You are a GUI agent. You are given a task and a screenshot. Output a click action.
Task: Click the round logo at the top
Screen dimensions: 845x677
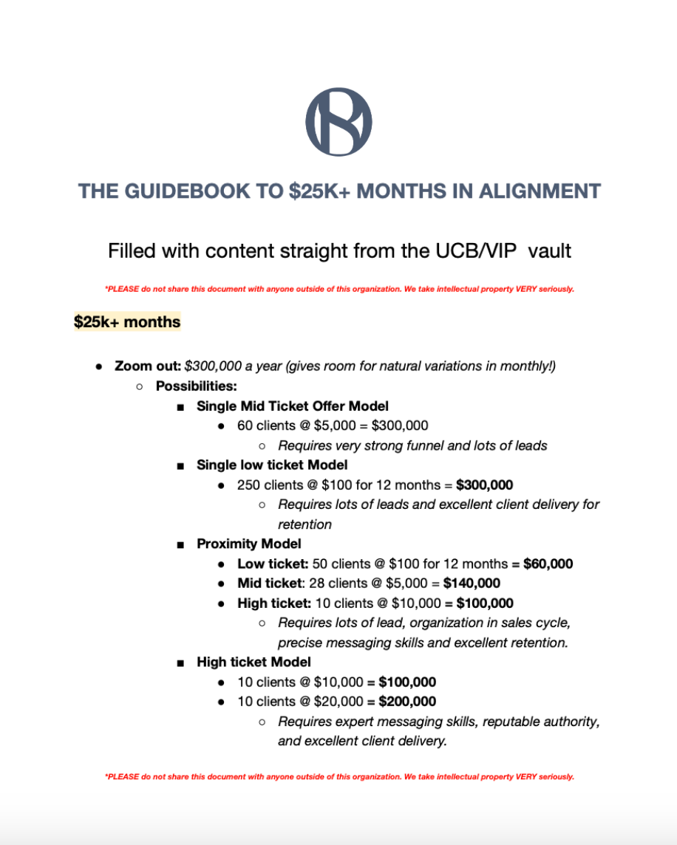(338, 122)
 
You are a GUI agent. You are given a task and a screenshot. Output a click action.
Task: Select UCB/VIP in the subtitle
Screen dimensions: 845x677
(486, 251)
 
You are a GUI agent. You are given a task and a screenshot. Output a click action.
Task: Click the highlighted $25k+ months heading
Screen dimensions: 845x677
(127, 322)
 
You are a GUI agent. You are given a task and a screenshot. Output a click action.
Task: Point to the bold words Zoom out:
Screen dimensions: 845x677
(147, 366)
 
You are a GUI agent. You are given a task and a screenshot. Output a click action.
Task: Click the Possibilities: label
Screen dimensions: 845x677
(196, 386)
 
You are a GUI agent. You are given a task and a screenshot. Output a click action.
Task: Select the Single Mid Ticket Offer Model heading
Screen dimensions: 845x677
(292, 406)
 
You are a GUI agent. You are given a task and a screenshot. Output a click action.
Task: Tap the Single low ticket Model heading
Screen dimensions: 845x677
(272, 465)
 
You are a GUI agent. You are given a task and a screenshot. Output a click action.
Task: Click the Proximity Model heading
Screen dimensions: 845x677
(248, 544)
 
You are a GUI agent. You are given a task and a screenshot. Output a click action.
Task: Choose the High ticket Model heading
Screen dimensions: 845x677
(254, 662)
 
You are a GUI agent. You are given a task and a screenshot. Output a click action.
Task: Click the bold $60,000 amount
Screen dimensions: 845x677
(548, 564)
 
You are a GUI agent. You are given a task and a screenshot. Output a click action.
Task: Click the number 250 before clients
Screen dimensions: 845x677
(248, 485)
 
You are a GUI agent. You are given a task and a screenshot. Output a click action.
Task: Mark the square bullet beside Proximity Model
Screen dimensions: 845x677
(180, 544)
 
